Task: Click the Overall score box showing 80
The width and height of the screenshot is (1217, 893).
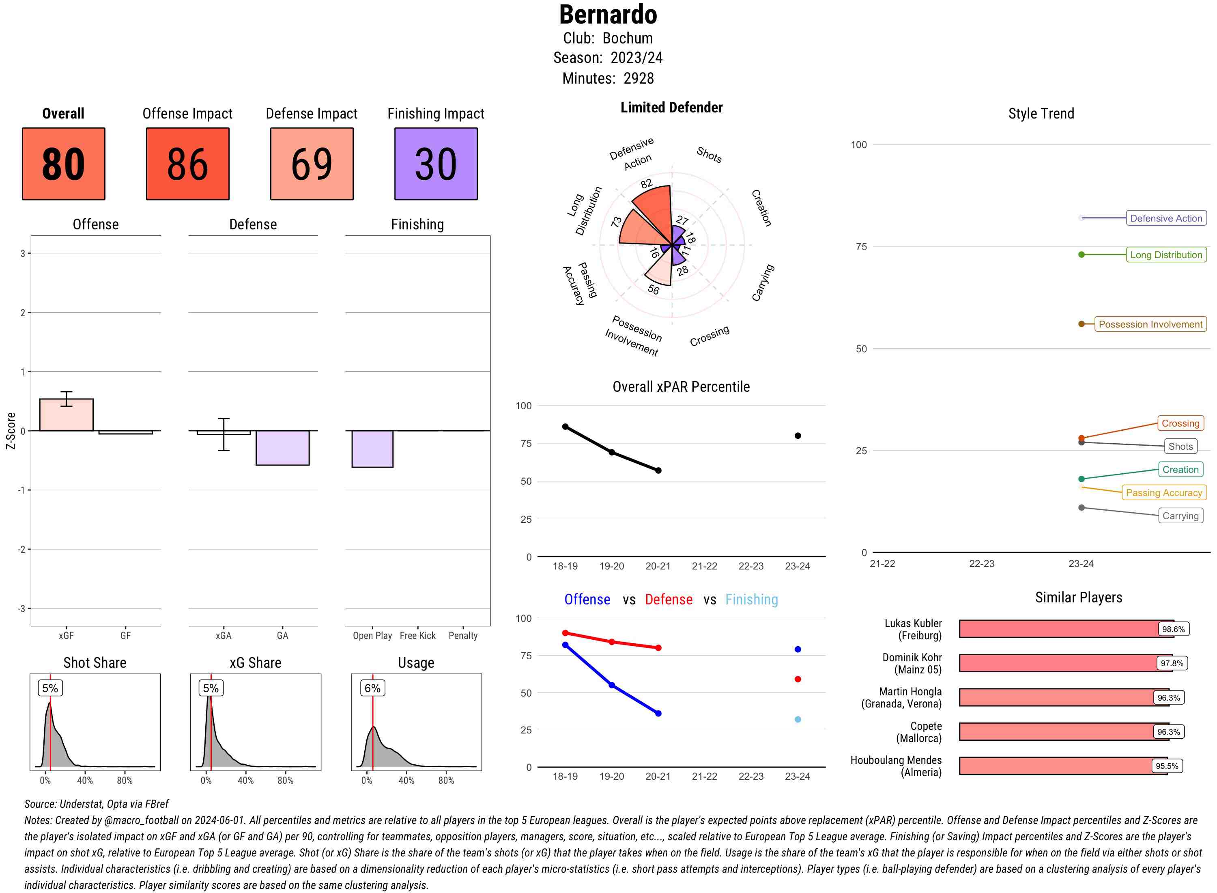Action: pyautogui.click(x=63, y=164)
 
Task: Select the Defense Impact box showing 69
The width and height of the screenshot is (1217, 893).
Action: pyautogui.click(x=312, y=164)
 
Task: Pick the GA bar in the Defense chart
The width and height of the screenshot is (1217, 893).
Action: pyautogui.click(x=282, y=448)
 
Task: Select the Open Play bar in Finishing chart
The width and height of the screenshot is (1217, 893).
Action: pyautogui.click(x=372, y=449)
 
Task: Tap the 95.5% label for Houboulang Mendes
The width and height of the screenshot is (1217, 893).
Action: pyautogui.click(x=1166, y=766)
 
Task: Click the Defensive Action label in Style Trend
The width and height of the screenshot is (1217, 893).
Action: pyautogui.click(x=1166, y=218)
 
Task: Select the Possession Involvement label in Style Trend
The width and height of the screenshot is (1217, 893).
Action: pyautogui.click(x=1150, y=324)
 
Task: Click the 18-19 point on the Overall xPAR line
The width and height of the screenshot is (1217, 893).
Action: pyautogui.click(x=565, y=427)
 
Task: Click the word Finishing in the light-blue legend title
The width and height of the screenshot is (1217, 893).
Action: pyautogui.click(x=751, y=600)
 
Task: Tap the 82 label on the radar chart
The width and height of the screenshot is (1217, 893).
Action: pyautogui.click(x=646, y=184)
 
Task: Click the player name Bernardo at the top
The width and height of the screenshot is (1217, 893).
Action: pyautogui.click(x=608, y=15)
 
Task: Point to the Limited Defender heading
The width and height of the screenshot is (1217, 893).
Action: pyautogui.click(x=671, y=108)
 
